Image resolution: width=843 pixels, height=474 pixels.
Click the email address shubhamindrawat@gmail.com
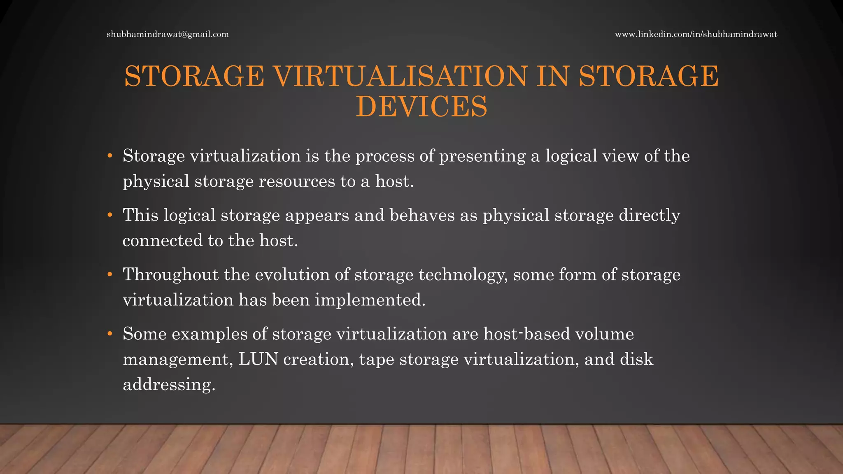168,35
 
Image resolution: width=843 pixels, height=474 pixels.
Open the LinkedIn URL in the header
696,35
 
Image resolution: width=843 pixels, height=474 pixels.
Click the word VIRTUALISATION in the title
400,77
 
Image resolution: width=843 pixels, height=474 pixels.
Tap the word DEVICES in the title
421,107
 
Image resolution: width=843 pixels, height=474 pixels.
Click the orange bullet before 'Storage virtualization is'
110,156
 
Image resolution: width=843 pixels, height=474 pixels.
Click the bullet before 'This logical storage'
110,215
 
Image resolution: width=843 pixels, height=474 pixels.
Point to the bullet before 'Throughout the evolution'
110,274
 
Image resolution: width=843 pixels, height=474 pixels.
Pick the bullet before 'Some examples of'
110,334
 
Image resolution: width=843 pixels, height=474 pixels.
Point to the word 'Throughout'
170,275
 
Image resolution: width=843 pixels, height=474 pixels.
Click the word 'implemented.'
370,300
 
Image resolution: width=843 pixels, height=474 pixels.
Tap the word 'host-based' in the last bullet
527,334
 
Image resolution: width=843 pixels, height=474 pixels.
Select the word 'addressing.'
169,385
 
